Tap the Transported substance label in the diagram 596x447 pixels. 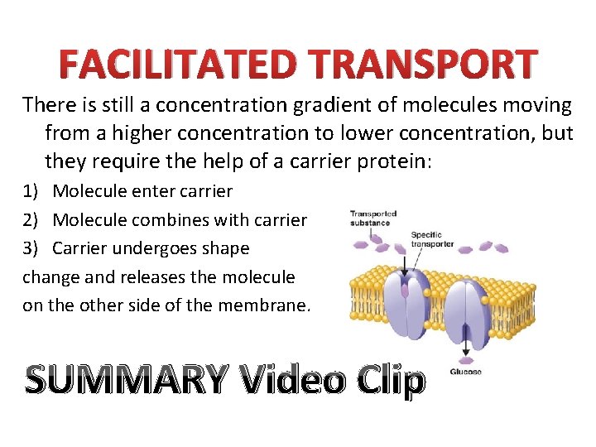372,219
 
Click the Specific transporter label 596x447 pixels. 433,238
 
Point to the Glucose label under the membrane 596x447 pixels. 466,372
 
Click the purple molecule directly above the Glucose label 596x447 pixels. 464,356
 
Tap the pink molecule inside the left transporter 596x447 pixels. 404,291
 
